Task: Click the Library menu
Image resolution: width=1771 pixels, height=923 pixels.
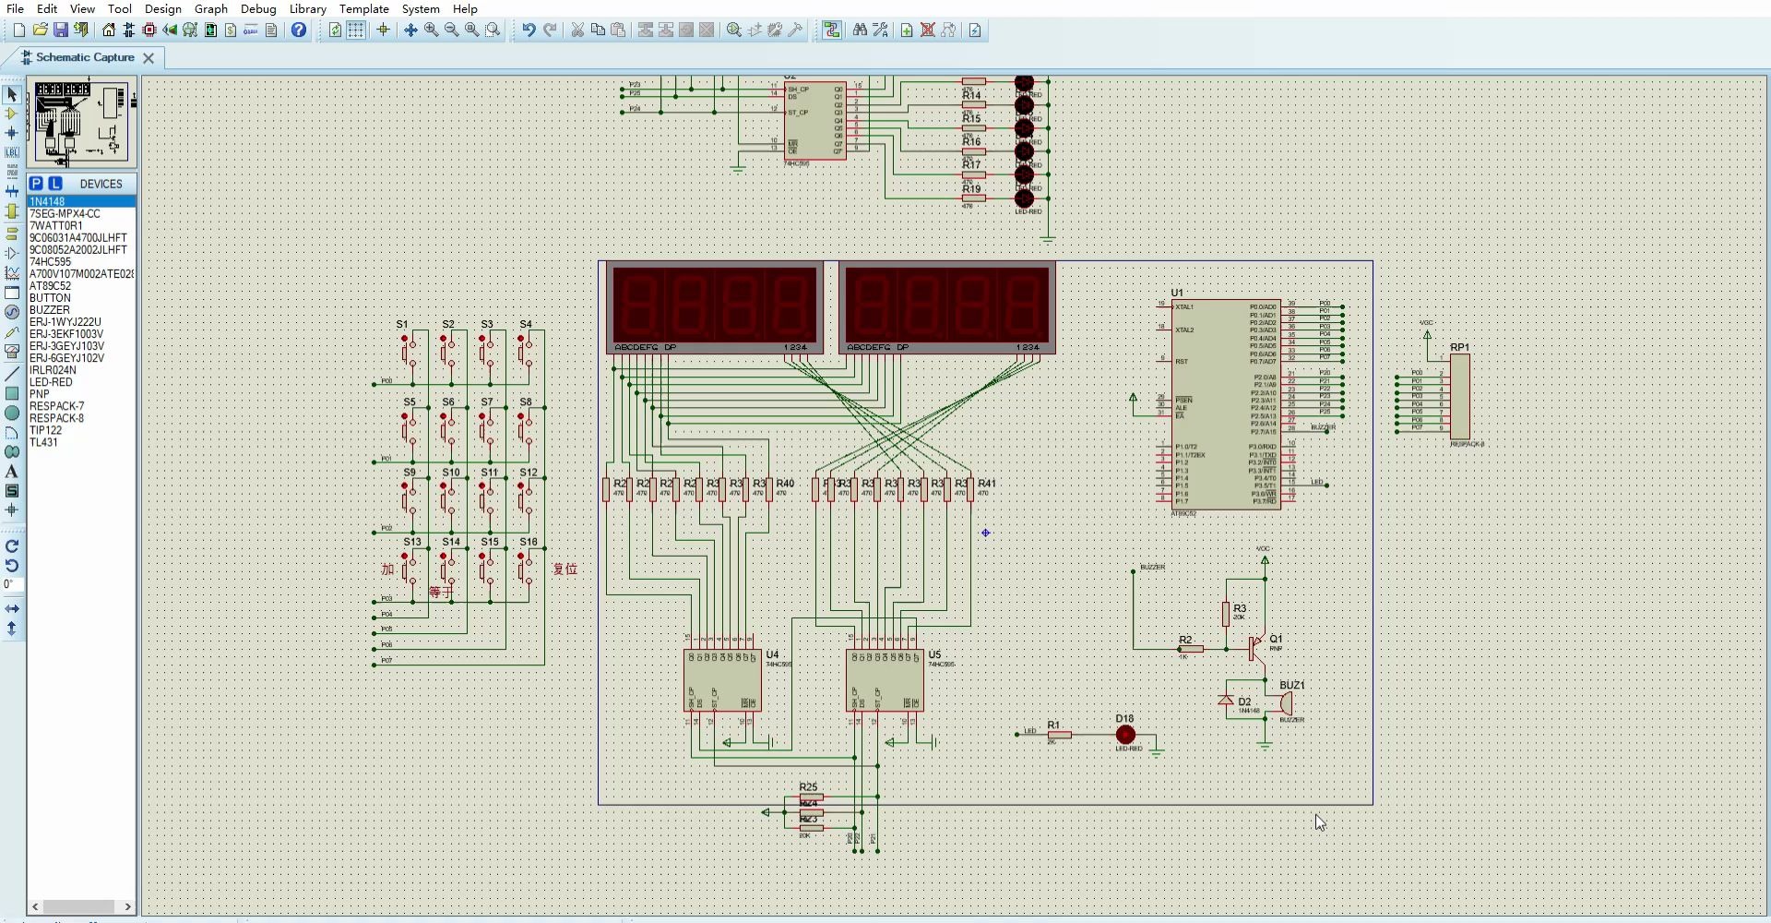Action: (307, 8)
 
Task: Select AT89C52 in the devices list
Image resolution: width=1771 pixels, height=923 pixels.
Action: (50, 286)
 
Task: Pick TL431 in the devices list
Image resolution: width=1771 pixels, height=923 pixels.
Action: (43, 442)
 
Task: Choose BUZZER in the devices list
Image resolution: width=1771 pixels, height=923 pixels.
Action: (49, 310)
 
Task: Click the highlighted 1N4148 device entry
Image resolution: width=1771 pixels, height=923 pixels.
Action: (47, 201)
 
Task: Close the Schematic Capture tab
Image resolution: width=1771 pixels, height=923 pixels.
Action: (149, 57)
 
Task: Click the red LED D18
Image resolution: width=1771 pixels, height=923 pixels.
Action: (1125, 735)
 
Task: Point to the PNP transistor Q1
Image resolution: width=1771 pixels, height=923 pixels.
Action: (1256, 648)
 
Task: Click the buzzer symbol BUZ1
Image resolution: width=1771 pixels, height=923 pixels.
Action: (1286, 703)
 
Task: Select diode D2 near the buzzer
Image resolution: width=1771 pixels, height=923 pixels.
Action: (1226, 701)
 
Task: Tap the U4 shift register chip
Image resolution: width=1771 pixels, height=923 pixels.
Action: (722, 680)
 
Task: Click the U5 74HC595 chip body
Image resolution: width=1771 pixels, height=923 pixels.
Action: (885, 680)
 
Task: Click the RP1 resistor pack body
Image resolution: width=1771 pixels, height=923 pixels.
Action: (1459, 397)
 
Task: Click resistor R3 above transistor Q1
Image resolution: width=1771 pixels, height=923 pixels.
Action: (1226, 614)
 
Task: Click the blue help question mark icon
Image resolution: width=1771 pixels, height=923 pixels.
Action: (299, 30)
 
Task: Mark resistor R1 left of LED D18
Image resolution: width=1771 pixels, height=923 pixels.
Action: (1059, 735)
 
